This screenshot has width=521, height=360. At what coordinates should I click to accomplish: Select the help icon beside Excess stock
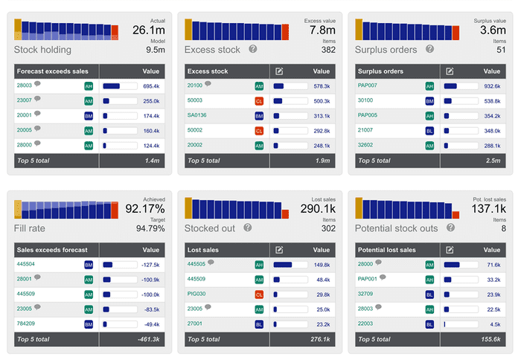coord(253,49)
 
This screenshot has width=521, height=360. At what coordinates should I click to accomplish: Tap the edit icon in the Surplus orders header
coord(450,71)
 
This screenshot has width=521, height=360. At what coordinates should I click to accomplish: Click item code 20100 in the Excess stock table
coord(194,86)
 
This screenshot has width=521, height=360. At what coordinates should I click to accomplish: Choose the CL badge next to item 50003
coord(260,101)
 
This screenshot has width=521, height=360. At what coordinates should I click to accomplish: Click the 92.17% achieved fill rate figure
coord(146,209)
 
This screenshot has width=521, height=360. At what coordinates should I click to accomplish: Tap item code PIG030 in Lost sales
coord(196,293)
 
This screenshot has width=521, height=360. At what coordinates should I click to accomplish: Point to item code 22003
coord(366,324)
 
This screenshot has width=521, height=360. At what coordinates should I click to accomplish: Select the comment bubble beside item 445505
coord(211,263)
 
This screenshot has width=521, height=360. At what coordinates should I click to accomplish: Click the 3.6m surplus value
coord(493,30)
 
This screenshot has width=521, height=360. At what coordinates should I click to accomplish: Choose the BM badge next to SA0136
coord(260,116)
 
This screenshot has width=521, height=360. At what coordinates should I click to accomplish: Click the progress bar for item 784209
coord(119,324)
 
